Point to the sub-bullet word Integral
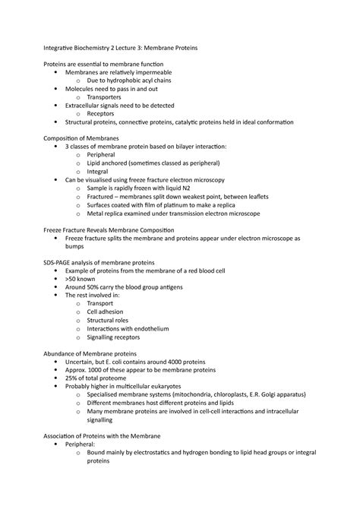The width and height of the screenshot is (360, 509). [99, 171]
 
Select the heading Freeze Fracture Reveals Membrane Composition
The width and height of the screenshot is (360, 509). [109, 229]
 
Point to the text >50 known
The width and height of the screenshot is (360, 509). [82, 278]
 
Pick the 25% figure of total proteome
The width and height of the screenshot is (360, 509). [72, 378]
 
